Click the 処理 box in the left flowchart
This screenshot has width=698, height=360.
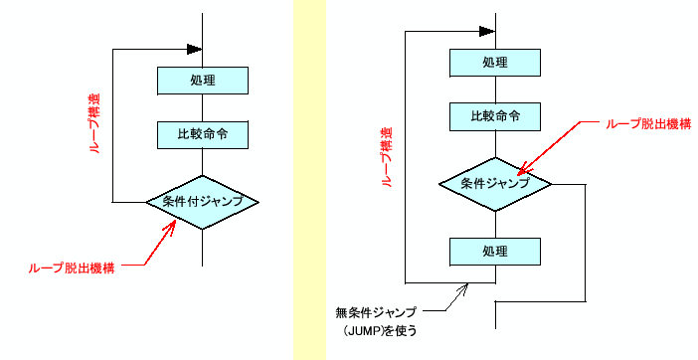click(202, 81)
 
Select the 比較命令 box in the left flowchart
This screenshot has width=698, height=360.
click(202, 134)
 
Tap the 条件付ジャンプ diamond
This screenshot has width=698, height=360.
click(202, 202)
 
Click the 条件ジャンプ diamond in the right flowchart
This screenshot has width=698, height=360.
click(495, 184)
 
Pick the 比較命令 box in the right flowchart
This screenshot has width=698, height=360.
click(495, 116)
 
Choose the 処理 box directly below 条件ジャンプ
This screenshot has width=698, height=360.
click(495, 252)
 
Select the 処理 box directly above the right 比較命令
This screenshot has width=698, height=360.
click(495, 63)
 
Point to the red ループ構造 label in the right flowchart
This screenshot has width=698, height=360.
click(387, 157)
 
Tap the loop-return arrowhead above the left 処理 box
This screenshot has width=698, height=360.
click(194, 48)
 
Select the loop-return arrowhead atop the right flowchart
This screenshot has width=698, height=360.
click(486, 29)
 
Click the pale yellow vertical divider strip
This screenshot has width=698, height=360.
click(309, 179)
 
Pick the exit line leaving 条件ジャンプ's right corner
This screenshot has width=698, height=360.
click(586, 239)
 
